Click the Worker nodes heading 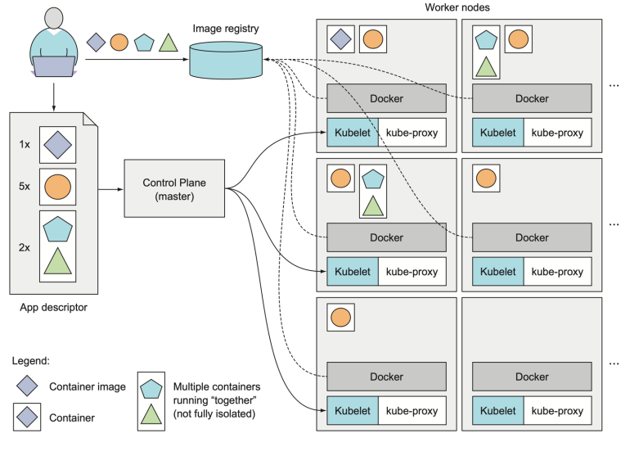458,7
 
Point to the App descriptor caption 52,308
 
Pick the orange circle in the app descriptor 57,186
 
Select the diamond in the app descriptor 57,145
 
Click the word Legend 30,361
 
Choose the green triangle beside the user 169,42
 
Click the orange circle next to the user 119,42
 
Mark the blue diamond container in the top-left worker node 340,38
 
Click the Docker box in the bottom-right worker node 532,377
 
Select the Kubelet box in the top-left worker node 352,132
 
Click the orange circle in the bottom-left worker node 340,316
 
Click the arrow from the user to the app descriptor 54,97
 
